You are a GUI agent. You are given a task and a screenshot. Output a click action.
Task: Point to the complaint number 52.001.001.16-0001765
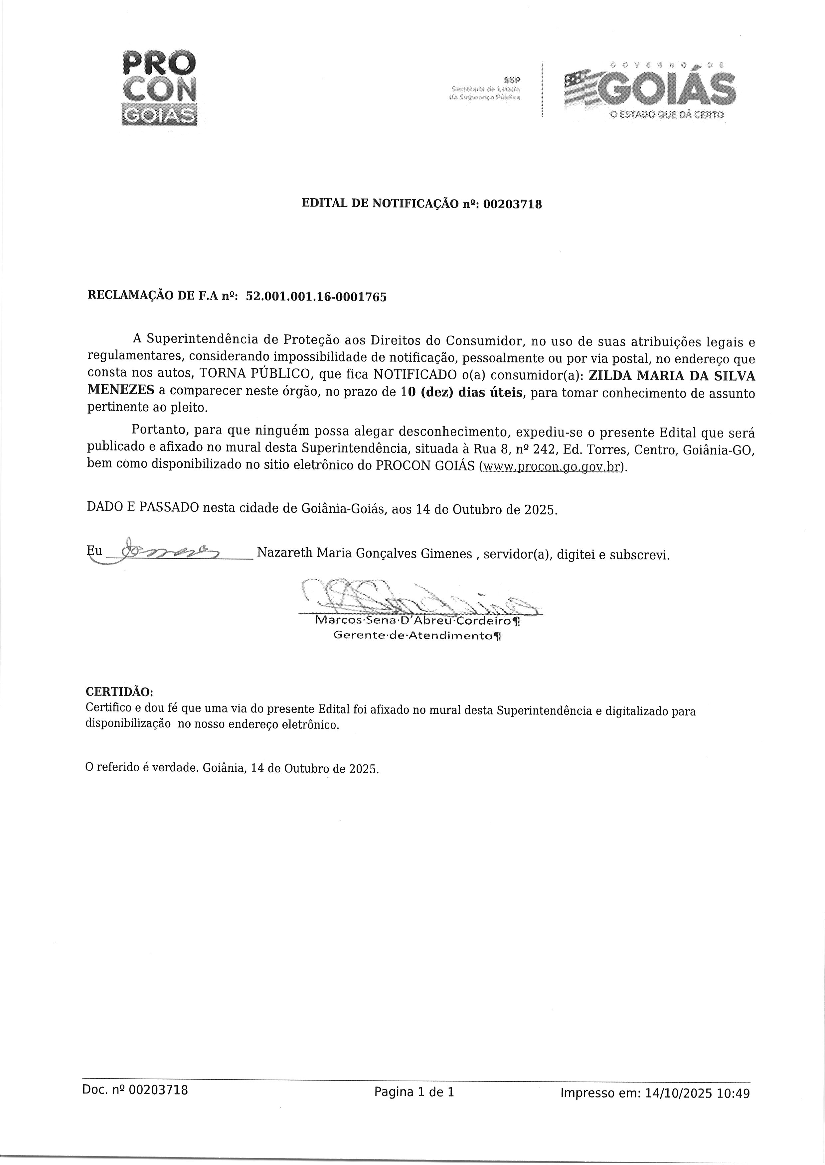click(x=316, y=297)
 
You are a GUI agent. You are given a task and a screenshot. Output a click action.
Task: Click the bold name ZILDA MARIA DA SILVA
click(x=671, y=376)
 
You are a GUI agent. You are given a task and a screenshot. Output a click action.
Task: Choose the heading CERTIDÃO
click(x=119, y=692)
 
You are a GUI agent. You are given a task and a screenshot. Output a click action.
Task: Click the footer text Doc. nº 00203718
click(x=135, y=1090)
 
